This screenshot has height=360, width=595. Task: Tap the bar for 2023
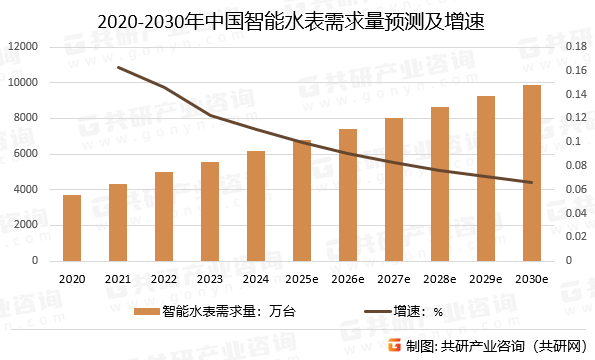[210, 211]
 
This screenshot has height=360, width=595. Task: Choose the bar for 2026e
[348, 195]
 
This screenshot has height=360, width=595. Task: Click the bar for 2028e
[440, 184]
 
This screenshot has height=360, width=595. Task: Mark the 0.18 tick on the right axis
[574, 47]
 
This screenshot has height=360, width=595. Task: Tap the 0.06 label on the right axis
[574, 189]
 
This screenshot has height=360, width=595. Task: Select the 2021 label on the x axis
[118, 279]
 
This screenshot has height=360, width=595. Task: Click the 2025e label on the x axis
[302, 279]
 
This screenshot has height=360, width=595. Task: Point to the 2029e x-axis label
[486, 279]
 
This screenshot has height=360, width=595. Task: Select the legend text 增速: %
[425, 312]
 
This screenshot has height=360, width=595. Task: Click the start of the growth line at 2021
[118, 67]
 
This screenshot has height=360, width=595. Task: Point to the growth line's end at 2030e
[532, 182]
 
